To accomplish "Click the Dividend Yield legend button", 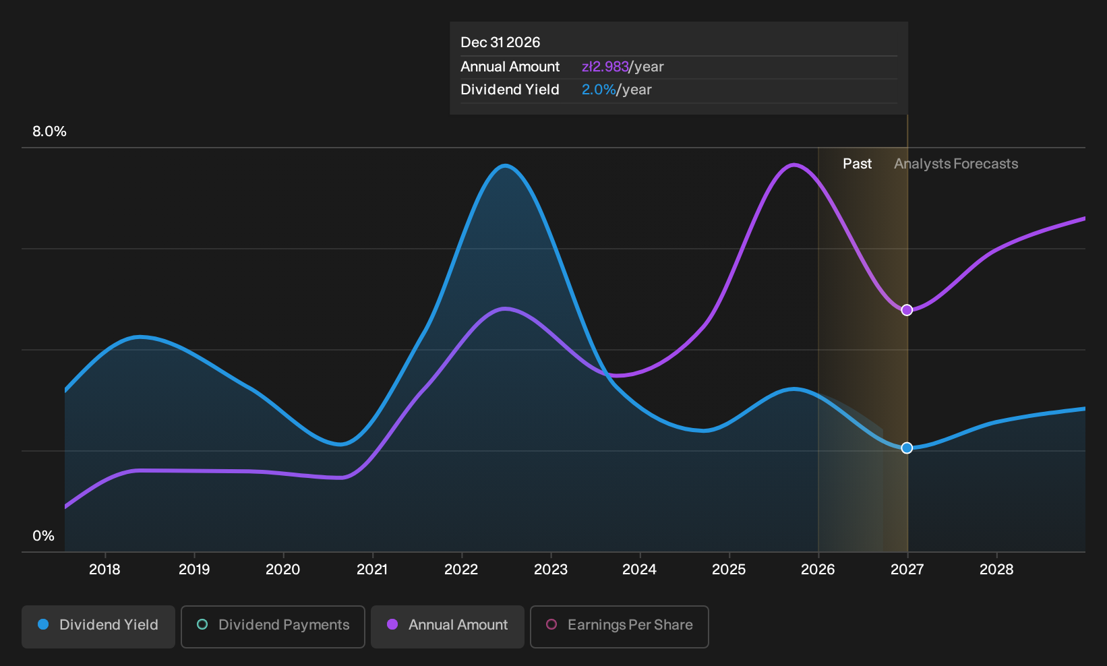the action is (x=98, y=626).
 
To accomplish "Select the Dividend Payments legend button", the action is (x=273, y=626).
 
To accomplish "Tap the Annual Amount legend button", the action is (x=447, y=626).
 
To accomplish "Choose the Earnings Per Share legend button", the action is (x=619, y=626).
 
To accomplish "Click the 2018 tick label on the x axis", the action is (x=104, y=570).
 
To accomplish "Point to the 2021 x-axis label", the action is (x=372, y=570).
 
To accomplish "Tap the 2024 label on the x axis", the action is (x=640, y=570).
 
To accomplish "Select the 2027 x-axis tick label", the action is (x=907, y=570).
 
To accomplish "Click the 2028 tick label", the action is (x=996, y=570).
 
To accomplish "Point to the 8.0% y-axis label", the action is (x=49, y=131).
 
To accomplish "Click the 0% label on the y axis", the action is (x=44, y=536).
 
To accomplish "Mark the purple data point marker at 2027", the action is (x=907, y=310).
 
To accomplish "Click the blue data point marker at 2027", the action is (x=907, y=448).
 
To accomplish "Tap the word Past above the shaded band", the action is (x=857, y=164).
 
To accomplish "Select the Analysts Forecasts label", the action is (x=956, y=164).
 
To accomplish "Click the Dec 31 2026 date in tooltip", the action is (x=500, y=42).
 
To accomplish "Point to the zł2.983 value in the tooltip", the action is (x=605, y=67).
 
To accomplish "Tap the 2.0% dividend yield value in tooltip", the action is (x=599, y=90).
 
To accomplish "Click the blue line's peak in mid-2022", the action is (x=504, y=166).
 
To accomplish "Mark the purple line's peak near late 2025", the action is (x=794, y=165).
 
